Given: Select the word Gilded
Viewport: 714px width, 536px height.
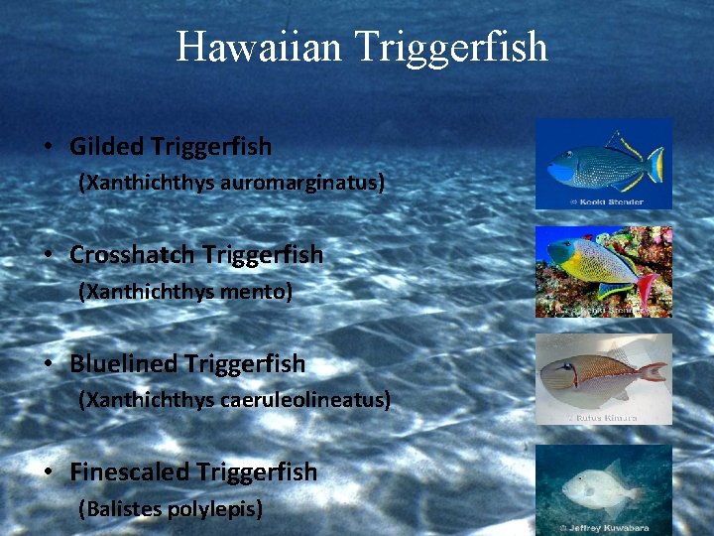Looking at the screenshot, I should (x=107, y=147).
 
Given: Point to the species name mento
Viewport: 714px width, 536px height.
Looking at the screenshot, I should (x=259, y=292).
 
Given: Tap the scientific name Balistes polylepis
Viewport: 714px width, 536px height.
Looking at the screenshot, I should (x=171, y=509).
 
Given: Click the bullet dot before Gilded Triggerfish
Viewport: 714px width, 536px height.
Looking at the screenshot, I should (x=48, y=148).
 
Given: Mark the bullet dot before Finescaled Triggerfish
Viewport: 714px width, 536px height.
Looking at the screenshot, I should (x=48, y=472).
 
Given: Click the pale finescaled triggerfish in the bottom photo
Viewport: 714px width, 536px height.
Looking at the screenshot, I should (x=594, y=489).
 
